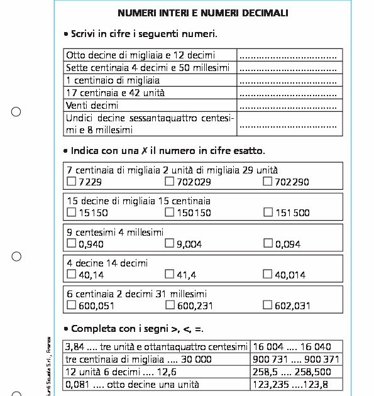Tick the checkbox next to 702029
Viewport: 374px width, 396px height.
click(x=169, y=182)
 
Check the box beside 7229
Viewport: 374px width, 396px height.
click(x=71, y=182)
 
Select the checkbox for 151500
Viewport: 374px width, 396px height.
click(x=268, y=212)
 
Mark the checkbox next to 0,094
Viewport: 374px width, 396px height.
click(x=268, y=243)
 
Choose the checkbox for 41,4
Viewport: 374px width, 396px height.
click(x=169, y=274)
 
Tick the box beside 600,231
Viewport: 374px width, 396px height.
click(x=169, y=305)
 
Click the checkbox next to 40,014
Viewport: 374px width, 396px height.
click(x=268, y=274)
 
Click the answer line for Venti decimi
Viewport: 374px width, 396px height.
click(x=289, y=106)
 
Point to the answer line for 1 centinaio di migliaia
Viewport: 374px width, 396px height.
click(x=289, y=80)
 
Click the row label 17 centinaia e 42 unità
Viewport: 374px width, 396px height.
click(x=116, y=93)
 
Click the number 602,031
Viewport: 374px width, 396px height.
click(x=292, y=305)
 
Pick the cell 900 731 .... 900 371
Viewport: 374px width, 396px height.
click(x=295, y=360)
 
